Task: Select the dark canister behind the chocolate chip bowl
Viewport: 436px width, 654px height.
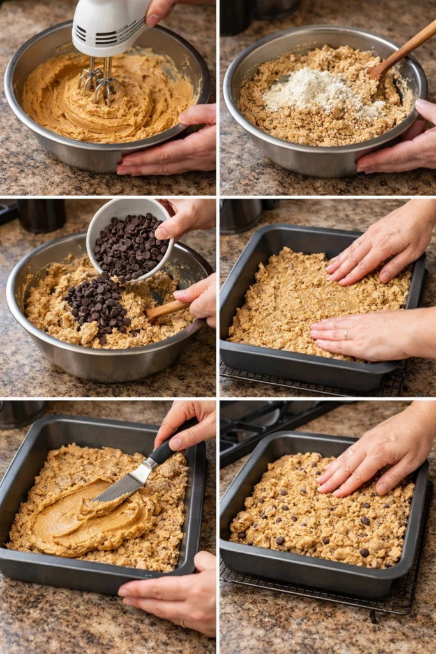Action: click(x=42, y=216)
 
